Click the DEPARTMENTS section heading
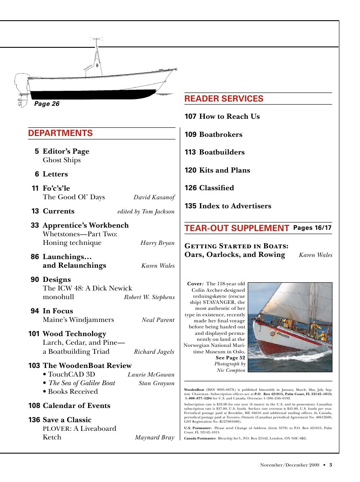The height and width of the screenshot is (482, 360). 60,133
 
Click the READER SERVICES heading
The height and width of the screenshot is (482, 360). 224,99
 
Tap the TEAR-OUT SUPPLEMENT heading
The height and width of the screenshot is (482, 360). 237,228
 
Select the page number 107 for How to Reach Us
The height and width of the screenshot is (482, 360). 191,117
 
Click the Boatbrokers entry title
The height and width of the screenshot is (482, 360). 221,135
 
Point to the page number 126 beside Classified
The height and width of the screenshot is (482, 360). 191,188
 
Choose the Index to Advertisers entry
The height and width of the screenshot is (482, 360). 235,206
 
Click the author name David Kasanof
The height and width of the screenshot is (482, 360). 154,198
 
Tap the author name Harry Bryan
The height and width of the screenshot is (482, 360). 157,243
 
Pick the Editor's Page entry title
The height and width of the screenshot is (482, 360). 66,151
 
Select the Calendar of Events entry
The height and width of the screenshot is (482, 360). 76,406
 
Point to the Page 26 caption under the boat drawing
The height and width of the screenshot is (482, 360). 46,104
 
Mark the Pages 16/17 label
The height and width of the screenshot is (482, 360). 312,228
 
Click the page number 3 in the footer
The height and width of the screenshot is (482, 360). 331,465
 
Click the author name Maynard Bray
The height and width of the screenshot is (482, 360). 154,438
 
